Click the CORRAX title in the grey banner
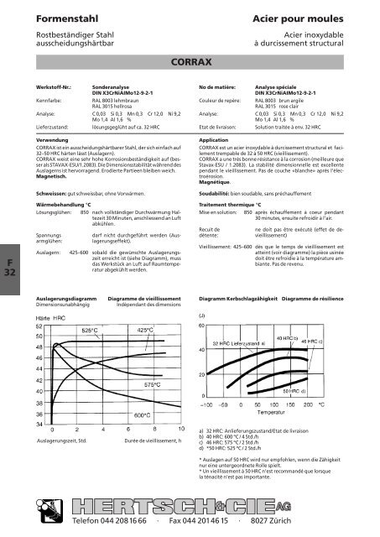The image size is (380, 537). tap(190, 61)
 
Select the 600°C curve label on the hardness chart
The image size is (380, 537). tap(143, 414)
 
